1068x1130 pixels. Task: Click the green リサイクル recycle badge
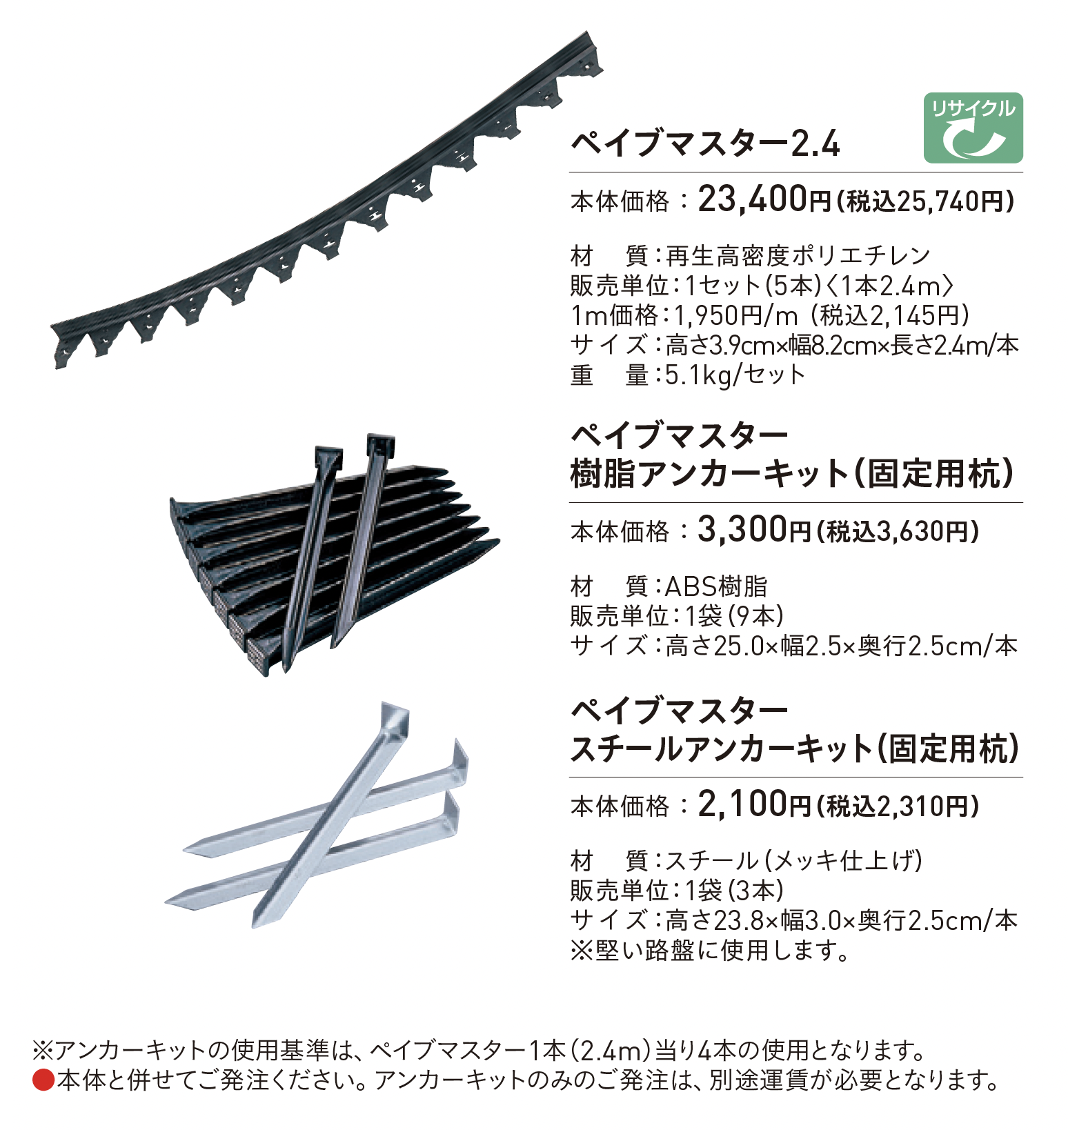[x=973, y=128]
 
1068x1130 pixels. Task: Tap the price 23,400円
[x=764, y=200]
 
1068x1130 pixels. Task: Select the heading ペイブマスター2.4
[x=705, y=144]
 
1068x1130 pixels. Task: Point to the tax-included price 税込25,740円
[x=925, y=201]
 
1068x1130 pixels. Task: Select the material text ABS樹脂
[x=716, y=586]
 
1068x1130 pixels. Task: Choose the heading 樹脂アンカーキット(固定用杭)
[x=793, y=474]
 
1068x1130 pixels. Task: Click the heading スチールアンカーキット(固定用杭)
[x=795, y=749]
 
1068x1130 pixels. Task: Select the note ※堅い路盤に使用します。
[x=711, y=951]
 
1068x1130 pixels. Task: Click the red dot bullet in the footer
[x=43, y=1080]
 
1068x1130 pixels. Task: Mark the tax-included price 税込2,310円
[x=897, y=806]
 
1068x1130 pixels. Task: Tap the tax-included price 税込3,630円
[x=897, y=531]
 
